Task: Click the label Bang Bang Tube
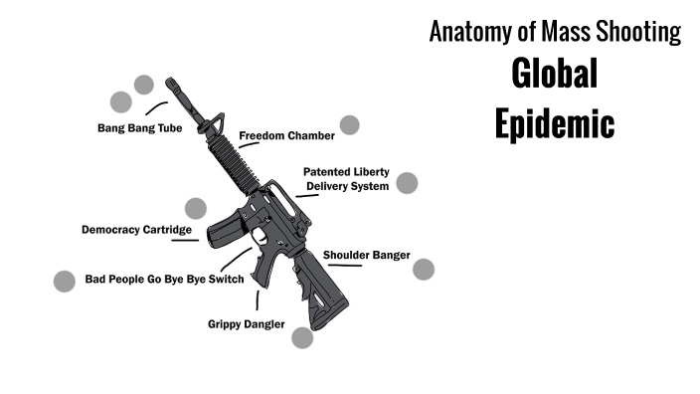pyautogui.click(x=139, y=127)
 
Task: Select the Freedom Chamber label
pyautogui.click(x=286, y=135)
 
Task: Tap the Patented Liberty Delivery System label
pyautogui.click(x=346, y=179)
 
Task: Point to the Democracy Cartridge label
pyautogui.click(x=136, y=230)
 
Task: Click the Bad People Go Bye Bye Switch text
pyautogui.click(x=164, y=280)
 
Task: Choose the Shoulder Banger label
pyautogui.click(x=366, y=256)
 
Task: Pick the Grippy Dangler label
pyautogui.click(x=247, y=324)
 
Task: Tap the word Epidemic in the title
pyautogui.click(x=555, y=123)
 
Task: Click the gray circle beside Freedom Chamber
pyautogui.click(x=349, y=125)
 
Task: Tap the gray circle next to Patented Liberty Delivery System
pyautogui.click(x=407, y=183)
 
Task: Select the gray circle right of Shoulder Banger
pyautogui.click(x=424, y=270)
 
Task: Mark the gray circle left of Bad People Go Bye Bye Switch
pyautogui.click(x=65, y=282)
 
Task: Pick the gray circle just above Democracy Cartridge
pyautogui.click(x=196, y=209)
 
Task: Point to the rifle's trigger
pyautogui.click(x=261, y=237)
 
